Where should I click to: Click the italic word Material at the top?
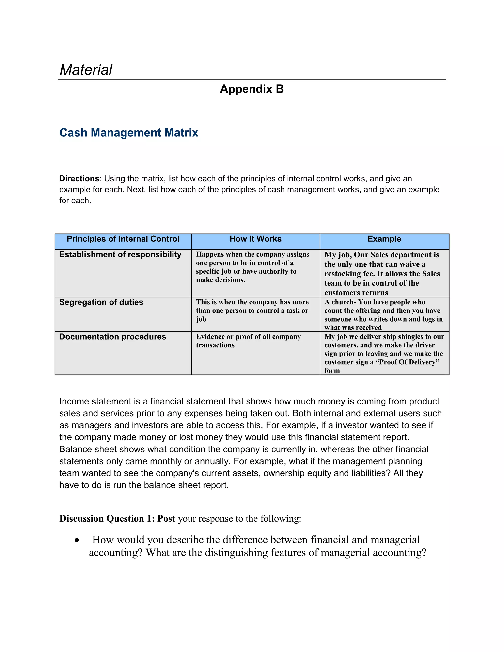click(x=86, y=70)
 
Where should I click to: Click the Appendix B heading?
click(x=252, y=89)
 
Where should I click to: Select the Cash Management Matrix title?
click(x=129, y=133)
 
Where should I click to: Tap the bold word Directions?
click(x=79, y=179)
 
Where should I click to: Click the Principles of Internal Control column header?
click(x=123, y=239)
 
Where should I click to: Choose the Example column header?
click(x=384, y=239)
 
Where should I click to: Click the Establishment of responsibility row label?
click(x=120, y=254)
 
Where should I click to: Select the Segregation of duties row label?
click(x=101, y=302)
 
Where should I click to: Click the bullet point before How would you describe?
click(x=77, y=540)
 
